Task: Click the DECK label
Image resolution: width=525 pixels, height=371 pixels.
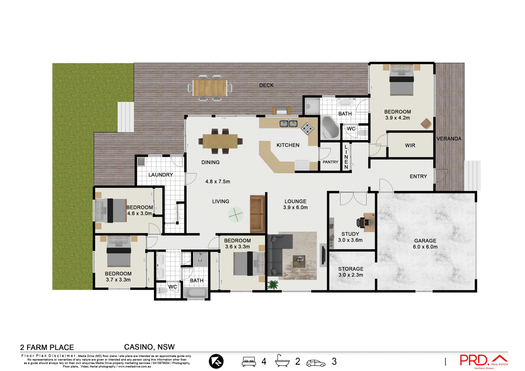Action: click(266, 85)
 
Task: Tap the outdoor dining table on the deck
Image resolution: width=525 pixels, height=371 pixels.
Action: click(210, 88)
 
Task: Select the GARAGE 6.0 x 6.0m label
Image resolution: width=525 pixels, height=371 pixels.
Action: click(425, 244)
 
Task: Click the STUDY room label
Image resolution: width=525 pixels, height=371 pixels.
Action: click(350, 234)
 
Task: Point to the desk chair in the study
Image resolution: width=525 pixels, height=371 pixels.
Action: click(360, 222)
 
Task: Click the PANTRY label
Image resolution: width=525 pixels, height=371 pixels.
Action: click(330, 162)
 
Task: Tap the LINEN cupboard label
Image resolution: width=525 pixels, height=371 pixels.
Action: click(346, 157)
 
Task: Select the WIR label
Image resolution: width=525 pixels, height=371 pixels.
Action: click(410, 146)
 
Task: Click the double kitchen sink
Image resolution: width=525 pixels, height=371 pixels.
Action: click(288, 124)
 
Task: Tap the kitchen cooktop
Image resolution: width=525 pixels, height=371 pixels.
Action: click(307, 128)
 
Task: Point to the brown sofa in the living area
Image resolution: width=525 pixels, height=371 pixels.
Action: click(257, 214)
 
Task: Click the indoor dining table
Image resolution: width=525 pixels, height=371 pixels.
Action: click(220, 141)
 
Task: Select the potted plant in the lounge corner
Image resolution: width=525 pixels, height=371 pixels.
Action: click(273, 285)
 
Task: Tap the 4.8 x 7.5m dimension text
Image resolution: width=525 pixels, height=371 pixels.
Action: click(218, 181)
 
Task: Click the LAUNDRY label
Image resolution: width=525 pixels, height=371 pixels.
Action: click(161, 175)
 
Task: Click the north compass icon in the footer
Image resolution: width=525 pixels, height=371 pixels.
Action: click(216, 361)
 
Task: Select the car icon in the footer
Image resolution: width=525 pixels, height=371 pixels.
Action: click(316, 363)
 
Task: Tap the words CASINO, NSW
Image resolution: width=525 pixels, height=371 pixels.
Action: click(149, 347)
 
